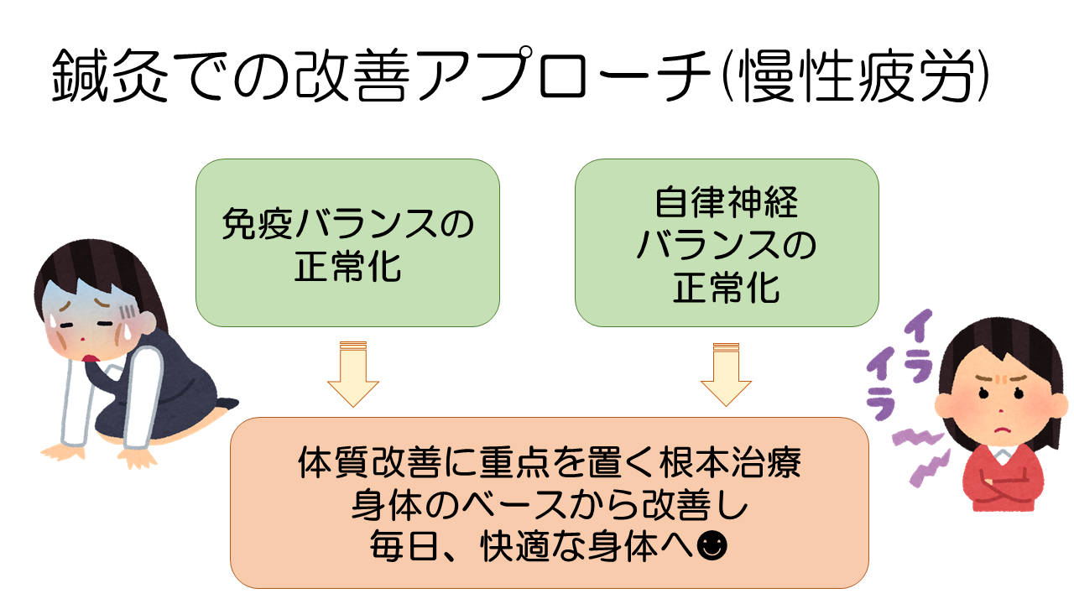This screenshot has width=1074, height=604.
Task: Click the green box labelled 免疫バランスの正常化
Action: click(347, 242)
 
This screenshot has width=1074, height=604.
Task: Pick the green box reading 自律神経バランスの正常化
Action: click(727, 242)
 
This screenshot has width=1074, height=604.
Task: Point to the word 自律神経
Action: click(727, 203)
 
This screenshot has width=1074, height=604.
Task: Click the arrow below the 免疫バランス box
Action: click(352, 374)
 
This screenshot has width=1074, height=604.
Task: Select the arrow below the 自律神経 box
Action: click(727, 374)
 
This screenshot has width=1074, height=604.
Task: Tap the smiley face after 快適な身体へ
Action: click(713, 546)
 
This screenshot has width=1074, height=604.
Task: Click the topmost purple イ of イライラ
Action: click(920, 324)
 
